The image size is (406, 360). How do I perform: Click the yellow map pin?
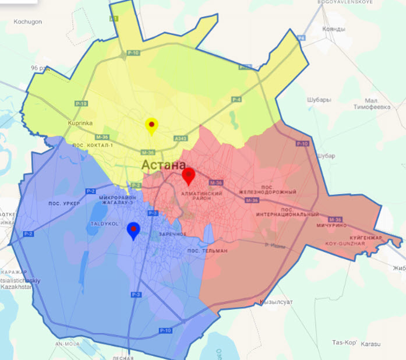point(151,125)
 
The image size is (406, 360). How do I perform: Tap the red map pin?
point(188,175)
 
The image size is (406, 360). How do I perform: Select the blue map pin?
point(133,230)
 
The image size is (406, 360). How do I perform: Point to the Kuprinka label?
point(80,123)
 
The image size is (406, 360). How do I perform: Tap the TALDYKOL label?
point(105,223)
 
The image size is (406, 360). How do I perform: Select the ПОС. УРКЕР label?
point(65,203)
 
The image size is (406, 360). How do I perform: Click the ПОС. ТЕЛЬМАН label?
point(207,250)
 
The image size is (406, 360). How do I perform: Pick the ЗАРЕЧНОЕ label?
point(173,234)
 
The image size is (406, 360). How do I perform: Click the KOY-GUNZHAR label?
point(346,243)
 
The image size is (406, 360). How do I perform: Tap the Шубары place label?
point(319,99)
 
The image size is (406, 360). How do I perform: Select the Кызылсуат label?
point(274,302)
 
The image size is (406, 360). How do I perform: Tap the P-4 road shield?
point(236,100)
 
